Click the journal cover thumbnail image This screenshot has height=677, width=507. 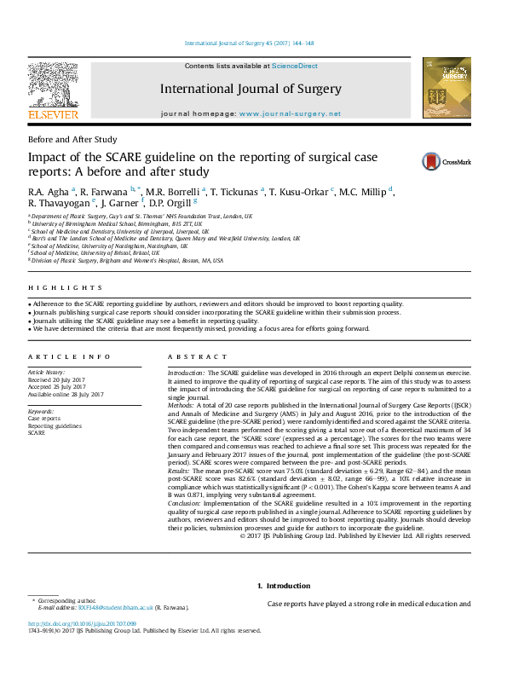coord(447,88)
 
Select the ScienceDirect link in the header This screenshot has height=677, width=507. coord(295,66)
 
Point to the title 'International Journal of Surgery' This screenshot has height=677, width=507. coord(251,89)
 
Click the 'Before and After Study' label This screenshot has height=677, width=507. coord(72,139)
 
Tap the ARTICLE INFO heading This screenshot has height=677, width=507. coord(69,356)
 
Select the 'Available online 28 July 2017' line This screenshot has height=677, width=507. coord(66,395)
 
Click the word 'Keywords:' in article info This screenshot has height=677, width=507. coord(40,412)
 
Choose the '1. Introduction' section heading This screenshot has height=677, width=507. coord(284,585)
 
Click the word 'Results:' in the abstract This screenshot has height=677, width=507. coord(179,470)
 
